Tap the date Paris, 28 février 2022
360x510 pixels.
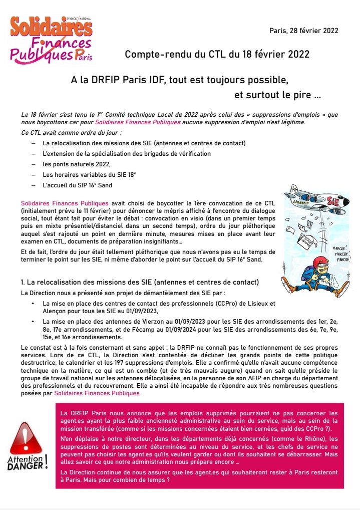pos(303,31)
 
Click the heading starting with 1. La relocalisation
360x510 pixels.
pos(140,282)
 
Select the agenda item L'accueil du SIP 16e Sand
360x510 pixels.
pos(78,185)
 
